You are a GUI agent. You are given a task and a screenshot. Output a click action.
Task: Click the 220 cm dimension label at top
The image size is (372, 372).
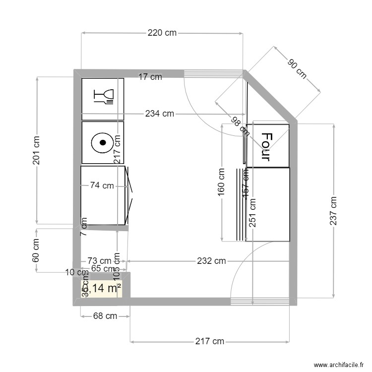point(162,33)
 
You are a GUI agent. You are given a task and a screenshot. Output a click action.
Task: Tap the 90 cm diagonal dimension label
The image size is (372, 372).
point(297,68)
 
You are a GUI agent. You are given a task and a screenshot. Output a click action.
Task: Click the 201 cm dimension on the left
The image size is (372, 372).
point(36,152)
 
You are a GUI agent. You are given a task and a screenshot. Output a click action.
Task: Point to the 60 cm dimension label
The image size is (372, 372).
point(36,250)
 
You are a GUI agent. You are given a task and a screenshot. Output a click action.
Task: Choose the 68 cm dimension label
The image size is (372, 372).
point(105,315)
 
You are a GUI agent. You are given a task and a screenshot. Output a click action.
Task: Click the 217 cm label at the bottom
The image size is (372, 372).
point(209,341)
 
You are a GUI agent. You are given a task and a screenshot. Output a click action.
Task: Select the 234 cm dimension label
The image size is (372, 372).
point(160,114)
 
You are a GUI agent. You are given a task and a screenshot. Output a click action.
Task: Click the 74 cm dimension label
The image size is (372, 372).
point(102,186)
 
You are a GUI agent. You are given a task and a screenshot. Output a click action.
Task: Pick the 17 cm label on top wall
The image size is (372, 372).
point(150,77)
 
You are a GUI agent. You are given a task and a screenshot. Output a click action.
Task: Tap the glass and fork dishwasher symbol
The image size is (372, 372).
point(104,96)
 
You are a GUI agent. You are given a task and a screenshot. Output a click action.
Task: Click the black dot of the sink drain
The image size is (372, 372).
point(103,142)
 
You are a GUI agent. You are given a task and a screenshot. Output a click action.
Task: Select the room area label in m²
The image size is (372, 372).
point(102,288)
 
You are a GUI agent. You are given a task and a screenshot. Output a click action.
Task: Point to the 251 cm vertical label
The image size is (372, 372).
point(252,213)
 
